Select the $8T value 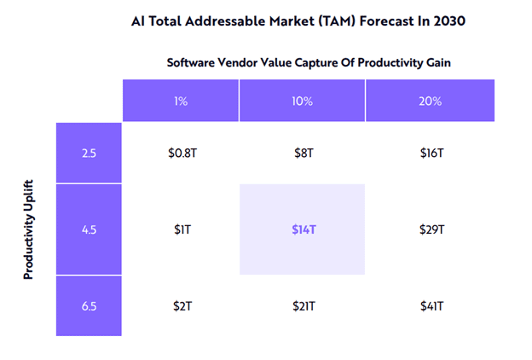(302, 154)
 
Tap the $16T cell (430, 154)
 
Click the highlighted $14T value (302, 229)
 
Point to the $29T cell (430, 229)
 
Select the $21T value (302, 305)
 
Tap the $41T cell (430, 305)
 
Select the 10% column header (302, 101)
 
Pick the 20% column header (430, 101)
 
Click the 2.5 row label (89, 154)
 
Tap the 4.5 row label (89, 229)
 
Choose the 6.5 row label (89, 305)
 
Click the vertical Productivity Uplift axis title (28, 229)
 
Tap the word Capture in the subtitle (320, 62)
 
